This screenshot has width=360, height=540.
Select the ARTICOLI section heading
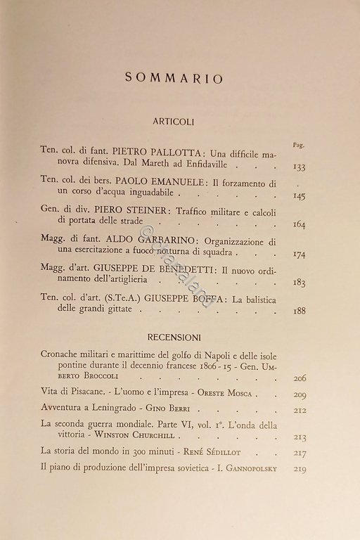coord(178,121)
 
